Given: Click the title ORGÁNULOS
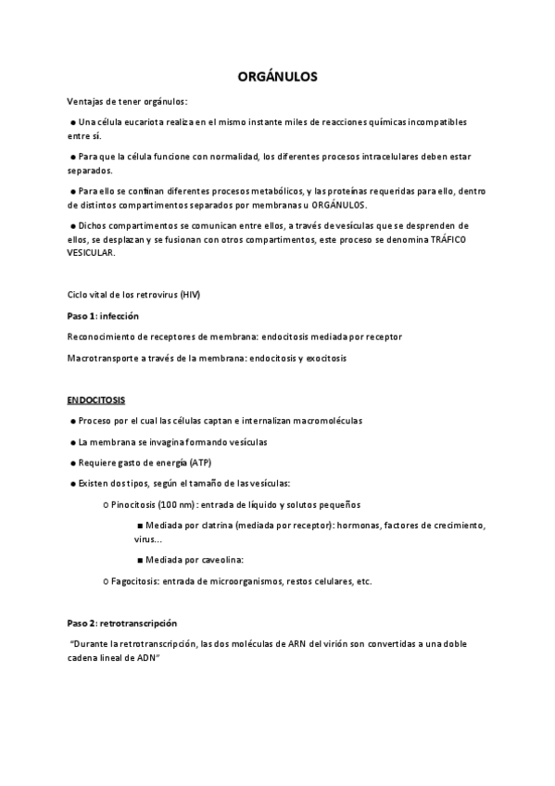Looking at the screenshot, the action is coord(277,77).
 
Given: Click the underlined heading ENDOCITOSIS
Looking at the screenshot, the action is coord(96,399).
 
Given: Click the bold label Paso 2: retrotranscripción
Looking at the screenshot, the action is coord(121,622).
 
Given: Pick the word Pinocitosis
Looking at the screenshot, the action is coord(132,505).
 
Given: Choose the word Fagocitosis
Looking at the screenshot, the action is coord(133,581).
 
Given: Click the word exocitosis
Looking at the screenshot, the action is coord(321,359).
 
